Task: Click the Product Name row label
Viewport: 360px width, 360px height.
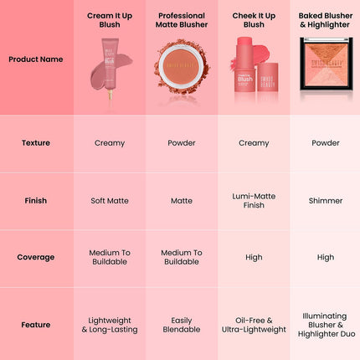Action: (35, 59)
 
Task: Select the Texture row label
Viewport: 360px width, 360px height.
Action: (35, 142)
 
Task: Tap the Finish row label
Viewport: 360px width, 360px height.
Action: (35, 201)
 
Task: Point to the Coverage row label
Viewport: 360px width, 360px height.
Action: (35, 257)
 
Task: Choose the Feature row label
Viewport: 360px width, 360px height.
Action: (35, 325)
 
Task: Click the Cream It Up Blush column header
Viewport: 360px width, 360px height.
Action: (110, 20)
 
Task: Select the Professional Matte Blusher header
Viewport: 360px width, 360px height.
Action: (182, 20)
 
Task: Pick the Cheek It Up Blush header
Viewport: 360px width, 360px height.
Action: (254, 20)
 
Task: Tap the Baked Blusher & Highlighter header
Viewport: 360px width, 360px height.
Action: (326, 20)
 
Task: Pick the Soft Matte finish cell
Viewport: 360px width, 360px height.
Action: (110, 201)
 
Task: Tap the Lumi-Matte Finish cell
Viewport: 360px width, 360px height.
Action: (254, 200)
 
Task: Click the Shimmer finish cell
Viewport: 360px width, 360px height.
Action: (326, 201)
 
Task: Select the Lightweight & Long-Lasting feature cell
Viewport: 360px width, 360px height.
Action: (110, 325)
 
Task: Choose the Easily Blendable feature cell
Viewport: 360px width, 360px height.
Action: (182, 325)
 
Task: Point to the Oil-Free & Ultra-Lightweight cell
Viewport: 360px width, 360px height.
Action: (254, 325)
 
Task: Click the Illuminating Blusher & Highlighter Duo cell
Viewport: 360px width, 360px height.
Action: (326, 325)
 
